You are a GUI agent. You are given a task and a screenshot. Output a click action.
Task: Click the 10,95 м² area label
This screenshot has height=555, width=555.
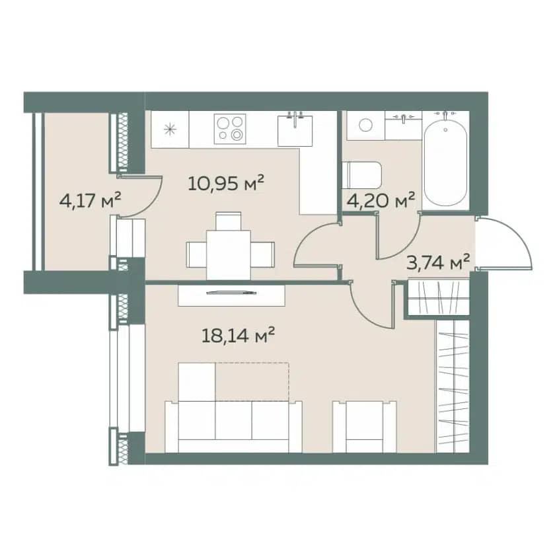pos(226,183)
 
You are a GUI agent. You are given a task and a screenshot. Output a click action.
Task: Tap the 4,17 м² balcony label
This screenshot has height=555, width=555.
pos(91,201)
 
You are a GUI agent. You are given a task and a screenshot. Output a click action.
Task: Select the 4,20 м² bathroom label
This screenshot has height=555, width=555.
pos(381,201)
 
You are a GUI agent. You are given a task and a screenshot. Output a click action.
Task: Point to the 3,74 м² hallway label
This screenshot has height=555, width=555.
pos(438,263)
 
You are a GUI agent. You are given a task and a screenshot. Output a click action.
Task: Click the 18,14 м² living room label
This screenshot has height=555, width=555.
pos(239,335)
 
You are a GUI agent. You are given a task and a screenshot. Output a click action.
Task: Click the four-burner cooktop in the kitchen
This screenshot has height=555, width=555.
pos(230,129)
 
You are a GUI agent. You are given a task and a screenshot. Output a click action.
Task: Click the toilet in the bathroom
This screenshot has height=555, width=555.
pos(361,176)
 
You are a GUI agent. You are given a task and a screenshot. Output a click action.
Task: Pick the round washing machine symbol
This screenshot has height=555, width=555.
pos(365,125)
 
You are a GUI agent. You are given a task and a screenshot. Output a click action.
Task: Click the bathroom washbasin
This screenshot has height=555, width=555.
pos(403,126)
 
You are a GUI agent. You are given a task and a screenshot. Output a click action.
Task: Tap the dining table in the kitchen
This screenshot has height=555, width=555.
pos(229,255)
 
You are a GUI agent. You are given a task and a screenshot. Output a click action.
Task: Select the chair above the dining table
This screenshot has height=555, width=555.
pos(229,221)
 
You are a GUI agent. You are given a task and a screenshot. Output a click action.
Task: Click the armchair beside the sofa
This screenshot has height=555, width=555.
pos(365,427)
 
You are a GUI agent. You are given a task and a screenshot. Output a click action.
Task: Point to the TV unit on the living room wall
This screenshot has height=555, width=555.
pos(232,295)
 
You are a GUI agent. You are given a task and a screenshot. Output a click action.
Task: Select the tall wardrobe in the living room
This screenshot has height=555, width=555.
pos(453,387)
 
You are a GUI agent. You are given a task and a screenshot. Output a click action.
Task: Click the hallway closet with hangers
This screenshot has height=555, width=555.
pos(439,297)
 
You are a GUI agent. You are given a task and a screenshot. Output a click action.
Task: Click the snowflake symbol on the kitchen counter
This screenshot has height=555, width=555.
pos(170,129)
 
